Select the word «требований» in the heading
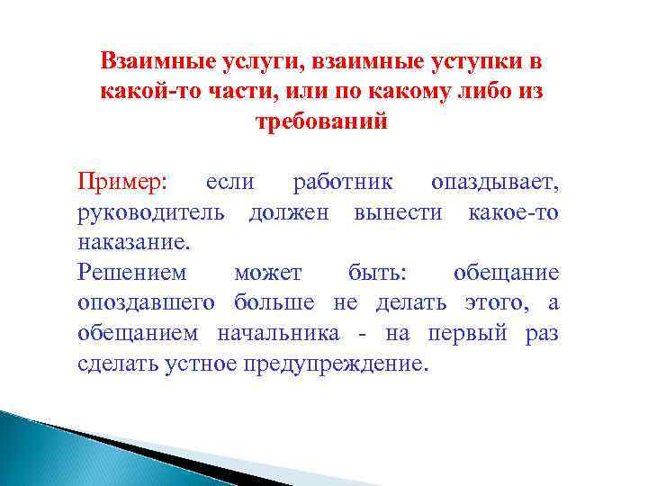tap(322, 121)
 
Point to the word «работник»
tap(343, 182)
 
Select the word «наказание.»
tap(134, 242)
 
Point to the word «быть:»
tap(374, 273)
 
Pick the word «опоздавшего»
tap(147, 303)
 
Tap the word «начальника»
tap(278, 333)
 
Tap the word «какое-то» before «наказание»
tap(513, 212)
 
